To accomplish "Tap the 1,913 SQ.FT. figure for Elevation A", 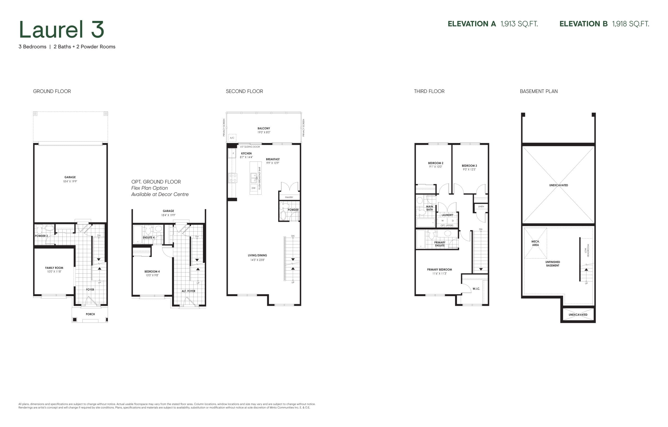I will (519, 24).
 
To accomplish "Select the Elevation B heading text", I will (583, 24).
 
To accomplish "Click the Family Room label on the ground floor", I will (54, 268).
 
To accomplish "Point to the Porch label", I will (90, 314).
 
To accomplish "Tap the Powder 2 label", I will (41, 236).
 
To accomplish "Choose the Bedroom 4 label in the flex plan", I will (152, 272).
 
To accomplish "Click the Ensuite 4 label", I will (149, 238).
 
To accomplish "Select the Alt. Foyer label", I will (188, 291).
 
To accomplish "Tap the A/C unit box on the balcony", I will (232, 138).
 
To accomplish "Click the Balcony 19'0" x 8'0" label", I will (264, 130).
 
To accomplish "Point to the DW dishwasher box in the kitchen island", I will (253, 188).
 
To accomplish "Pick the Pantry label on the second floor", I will (289, 197).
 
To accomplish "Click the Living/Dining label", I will (258, 255).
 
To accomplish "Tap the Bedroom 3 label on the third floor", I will (469, 166).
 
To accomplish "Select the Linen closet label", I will (481, 207).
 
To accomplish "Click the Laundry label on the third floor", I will (448, 215).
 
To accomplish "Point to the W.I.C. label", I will (476, 289).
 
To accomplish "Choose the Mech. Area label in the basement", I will (535, 243).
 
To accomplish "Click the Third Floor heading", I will (429, 91).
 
